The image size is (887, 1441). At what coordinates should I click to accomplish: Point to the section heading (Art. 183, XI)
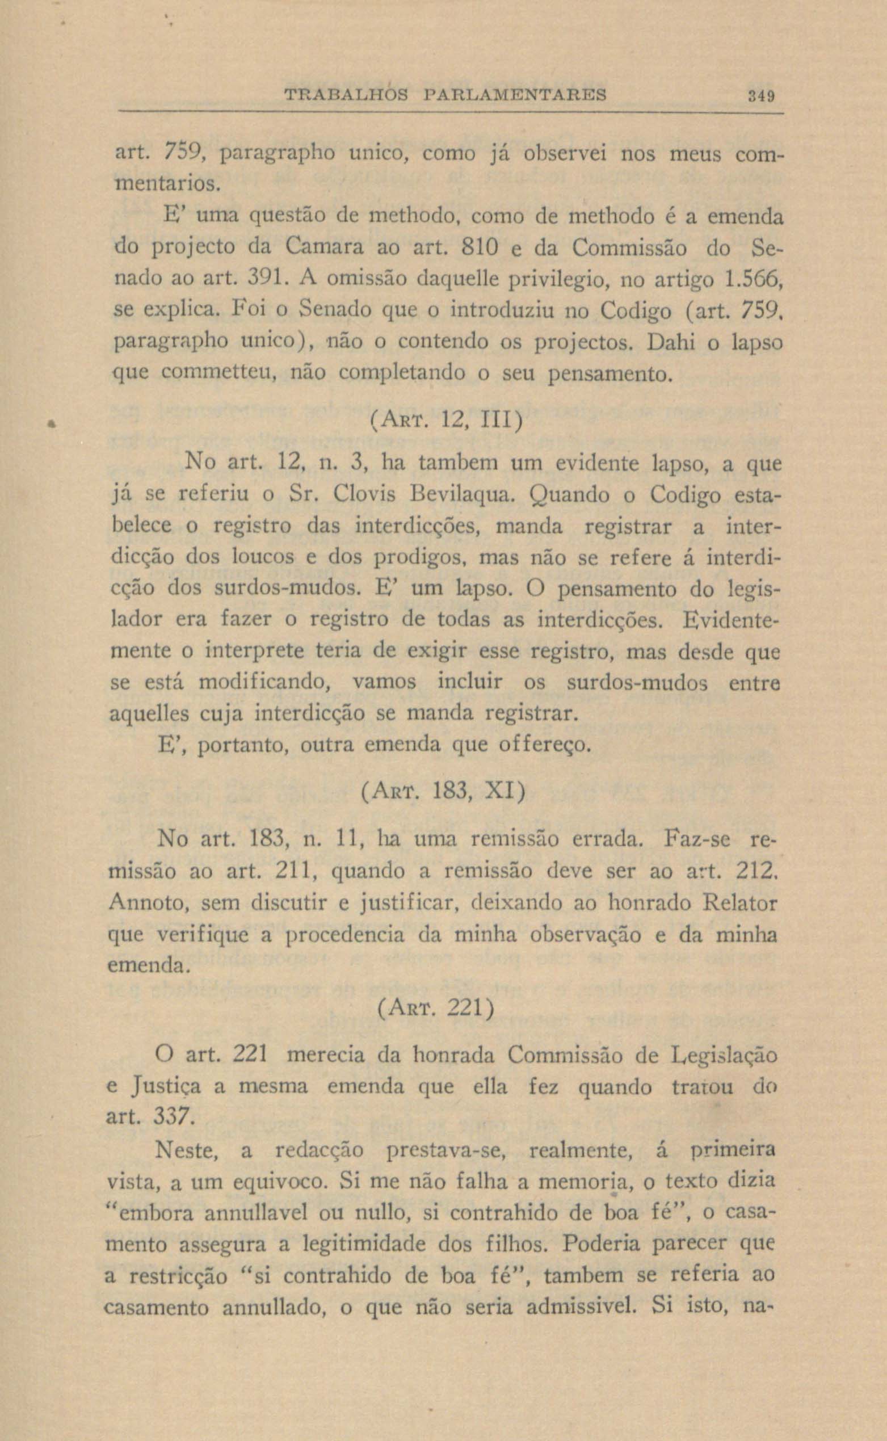tap(442, 793)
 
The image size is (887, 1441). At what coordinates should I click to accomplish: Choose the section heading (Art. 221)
tap(435, 1008)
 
